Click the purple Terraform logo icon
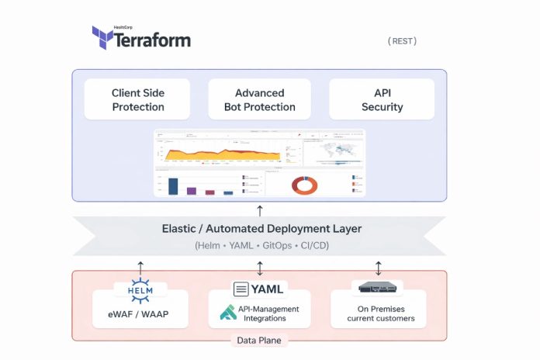click(103, 38)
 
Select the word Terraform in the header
click(152, 40)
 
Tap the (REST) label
click(402, 41)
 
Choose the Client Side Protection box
click(138, 99)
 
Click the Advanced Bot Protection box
click(259, 99)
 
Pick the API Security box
click(382, 99)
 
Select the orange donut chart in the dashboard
click(304, 185)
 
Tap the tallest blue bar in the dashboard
click(174, 186)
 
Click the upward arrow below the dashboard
click(260, 209)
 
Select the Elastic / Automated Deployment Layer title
click(261, 229)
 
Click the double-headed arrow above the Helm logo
click(140, 268)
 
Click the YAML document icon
click(241, 289)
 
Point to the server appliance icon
click(378, 288)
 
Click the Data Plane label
click(259, 340)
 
